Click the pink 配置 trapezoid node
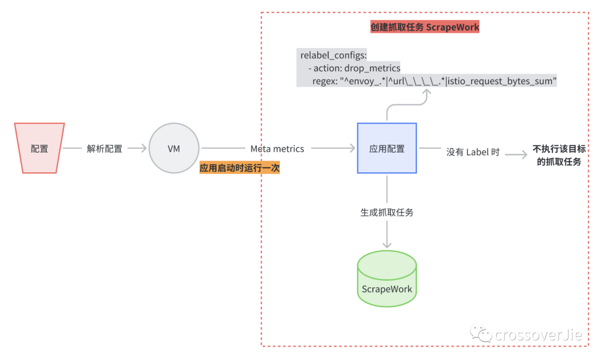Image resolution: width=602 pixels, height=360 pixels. pos(39,148)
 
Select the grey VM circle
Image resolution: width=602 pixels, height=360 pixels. pos(174,148)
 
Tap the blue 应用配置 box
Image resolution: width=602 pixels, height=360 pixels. pos(387,148)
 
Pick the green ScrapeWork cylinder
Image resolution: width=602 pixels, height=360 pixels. pos(387,279)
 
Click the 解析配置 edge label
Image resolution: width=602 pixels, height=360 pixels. pos(104,149)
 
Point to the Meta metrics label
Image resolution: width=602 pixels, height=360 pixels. pos(277,149)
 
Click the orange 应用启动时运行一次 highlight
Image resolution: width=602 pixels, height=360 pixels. pos(240,168)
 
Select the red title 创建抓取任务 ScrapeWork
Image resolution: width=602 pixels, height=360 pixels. pos(425,27)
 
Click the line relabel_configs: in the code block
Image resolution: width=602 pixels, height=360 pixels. pos(333,55)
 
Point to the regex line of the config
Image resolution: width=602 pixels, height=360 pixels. pos(434,81)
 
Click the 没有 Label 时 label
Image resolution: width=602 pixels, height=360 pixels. pos(473,152)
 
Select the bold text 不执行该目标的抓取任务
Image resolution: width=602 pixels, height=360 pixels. pos(559,155)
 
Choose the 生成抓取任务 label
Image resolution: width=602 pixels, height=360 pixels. pos(387,212)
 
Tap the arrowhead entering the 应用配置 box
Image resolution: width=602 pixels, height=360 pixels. pos(352,148)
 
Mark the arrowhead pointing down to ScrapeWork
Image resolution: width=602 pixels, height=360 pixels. pos(387,245)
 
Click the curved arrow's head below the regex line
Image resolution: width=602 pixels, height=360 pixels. pos(426,92)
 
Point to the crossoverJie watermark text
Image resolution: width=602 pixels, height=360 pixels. pos(538,335)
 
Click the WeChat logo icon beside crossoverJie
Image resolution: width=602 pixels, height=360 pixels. pos(480,333)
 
